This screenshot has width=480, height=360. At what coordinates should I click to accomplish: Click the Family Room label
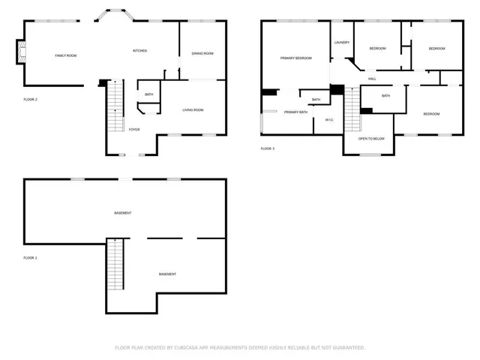66,55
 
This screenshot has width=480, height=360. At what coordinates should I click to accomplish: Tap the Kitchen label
139,50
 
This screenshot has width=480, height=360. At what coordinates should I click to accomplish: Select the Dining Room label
202,53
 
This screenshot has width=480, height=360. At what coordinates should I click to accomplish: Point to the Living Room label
193,110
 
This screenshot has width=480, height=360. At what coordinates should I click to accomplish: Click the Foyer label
134,130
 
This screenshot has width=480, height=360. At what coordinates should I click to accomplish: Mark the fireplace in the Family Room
22,52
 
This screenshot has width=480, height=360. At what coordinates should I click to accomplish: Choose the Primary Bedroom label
295,58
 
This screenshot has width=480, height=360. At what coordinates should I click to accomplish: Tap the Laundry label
342,43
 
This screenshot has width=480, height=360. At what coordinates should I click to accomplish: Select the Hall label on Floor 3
372,79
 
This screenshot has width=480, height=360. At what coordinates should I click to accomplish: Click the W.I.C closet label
329,120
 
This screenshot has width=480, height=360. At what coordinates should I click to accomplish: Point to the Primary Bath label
295,112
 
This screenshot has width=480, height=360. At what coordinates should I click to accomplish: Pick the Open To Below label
371,139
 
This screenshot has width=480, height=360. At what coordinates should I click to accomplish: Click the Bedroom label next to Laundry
377,49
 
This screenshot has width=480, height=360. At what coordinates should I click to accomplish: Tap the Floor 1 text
31,257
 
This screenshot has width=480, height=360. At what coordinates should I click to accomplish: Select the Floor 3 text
268,148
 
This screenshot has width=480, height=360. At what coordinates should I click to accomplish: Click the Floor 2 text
31,99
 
